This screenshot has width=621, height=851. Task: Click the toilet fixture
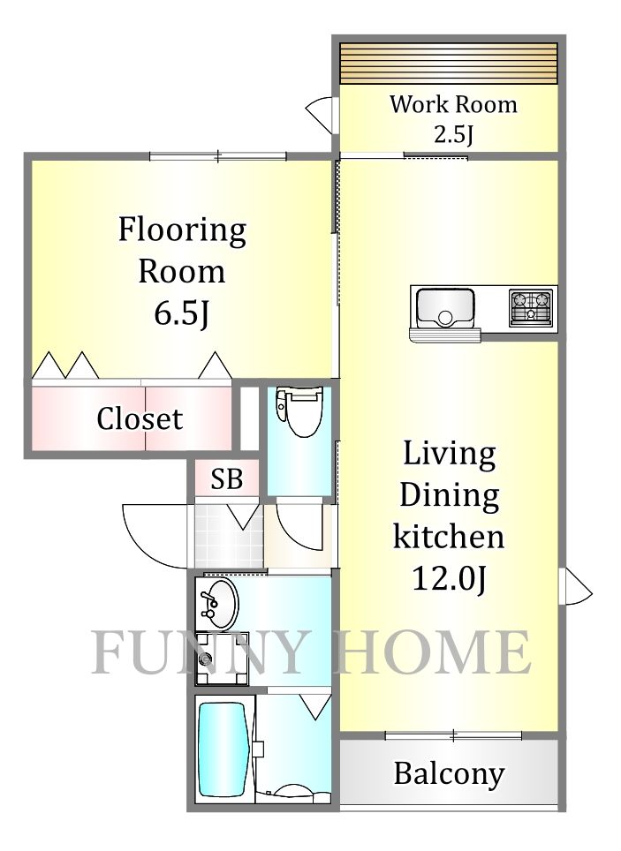[299, 410]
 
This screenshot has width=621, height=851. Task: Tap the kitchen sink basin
[444, 307]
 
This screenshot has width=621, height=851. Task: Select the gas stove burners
[530, 307]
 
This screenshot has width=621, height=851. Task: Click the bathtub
[223, 749]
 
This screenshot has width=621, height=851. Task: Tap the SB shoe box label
[226, 479]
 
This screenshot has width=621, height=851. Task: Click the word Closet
[140, 418]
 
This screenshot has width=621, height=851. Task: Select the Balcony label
[449, 774]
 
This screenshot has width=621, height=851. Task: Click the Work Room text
[453, 104]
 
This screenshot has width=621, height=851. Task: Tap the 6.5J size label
[181, 313]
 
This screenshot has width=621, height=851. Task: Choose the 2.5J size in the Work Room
[453, 133]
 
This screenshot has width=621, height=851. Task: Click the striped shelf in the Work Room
[449, 64]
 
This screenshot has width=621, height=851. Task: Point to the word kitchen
[449, 536]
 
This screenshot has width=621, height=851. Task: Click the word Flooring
[182, 230]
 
